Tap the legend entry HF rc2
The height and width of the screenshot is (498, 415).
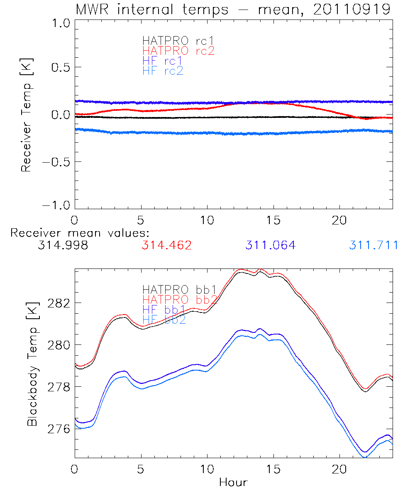[163, 71]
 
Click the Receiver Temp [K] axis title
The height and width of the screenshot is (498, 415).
[26, 117]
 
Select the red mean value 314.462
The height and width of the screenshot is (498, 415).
[166, 246]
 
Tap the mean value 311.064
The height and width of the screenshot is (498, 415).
[270, 246]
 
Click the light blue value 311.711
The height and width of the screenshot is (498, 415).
[373, 246]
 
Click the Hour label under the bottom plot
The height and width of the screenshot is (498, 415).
[233, 483]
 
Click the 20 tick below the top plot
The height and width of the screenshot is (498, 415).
[339, 220]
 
